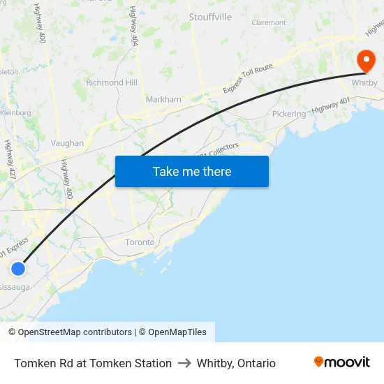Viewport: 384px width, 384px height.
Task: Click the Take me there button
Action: coord(192,171)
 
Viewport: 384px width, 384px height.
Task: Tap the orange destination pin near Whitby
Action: coord(365,61)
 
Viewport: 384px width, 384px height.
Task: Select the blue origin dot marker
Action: coord(18,269)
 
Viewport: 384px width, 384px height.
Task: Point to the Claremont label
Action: coord(269,22)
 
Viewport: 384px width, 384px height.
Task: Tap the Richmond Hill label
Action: coord(111,82)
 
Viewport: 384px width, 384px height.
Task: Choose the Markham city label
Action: coord(163,99)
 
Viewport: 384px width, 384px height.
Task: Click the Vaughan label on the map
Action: coord(67,143)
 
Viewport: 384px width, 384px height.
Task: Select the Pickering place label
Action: coord(288,114)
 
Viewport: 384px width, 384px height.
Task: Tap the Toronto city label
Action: coord(140,242)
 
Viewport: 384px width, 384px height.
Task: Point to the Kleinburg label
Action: coord(15,112)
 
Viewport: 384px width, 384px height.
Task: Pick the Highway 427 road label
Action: coord(10,160)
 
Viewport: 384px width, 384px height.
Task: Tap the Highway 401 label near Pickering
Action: coord(331,106)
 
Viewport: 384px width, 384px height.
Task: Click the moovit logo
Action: coord(341,362)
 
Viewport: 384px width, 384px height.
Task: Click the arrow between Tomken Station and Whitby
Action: coord(184,363)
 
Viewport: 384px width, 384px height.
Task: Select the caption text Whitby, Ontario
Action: coord(236,363)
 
